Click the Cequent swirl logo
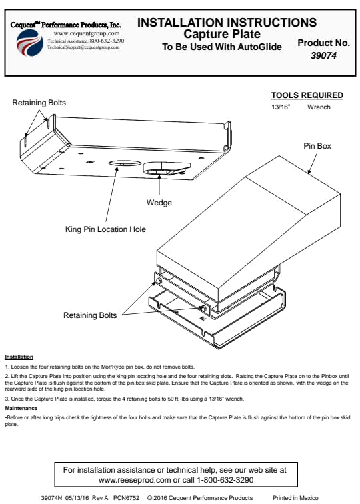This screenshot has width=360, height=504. click(x=30, y=43)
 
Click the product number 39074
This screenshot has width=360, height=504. click(x=323, y=55)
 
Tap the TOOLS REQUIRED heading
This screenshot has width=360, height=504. click(x=307, y=95)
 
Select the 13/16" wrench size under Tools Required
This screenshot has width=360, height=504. click(x=281, y=107)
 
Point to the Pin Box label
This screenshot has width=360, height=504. click(x=317, y=146)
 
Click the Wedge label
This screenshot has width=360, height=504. click(x=159, y=203)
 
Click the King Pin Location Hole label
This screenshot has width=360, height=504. click(x=105, y=229)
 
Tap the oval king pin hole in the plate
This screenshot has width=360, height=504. click(x=125, y=163)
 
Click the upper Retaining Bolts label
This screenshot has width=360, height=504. click(x=39, y=103)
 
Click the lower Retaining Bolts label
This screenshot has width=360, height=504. click(x=90, y=315)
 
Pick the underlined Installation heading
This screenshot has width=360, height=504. click(x=19, y=357)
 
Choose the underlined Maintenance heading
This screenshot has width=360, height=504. click(x=21, y=408)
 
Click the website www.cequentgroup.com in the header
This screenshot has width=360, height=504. click(x=87, y=33)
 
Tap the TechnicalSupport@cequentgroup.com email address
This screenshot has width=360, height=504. click(x=83, y=47)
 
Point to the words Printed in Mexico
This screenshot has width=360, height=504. click(x=295, y=498)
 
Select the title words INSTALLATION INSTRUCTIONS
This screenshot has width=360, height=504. click(x=227, y=23)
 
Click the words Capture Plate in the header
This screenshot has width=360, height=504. click(x=222, y=34)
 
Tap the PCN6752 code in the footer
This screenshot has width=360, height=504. click(x=126, y=498)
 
